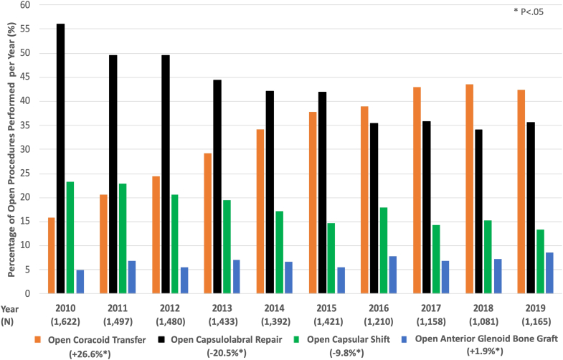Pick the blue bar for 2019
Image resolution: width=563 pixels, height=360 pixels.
tap(509, 273)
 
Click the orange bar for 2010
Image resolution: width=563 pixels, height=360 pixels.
tap(51, 255)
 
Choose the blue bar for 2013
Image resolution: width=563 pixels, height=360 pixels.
tap(236, 277)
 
